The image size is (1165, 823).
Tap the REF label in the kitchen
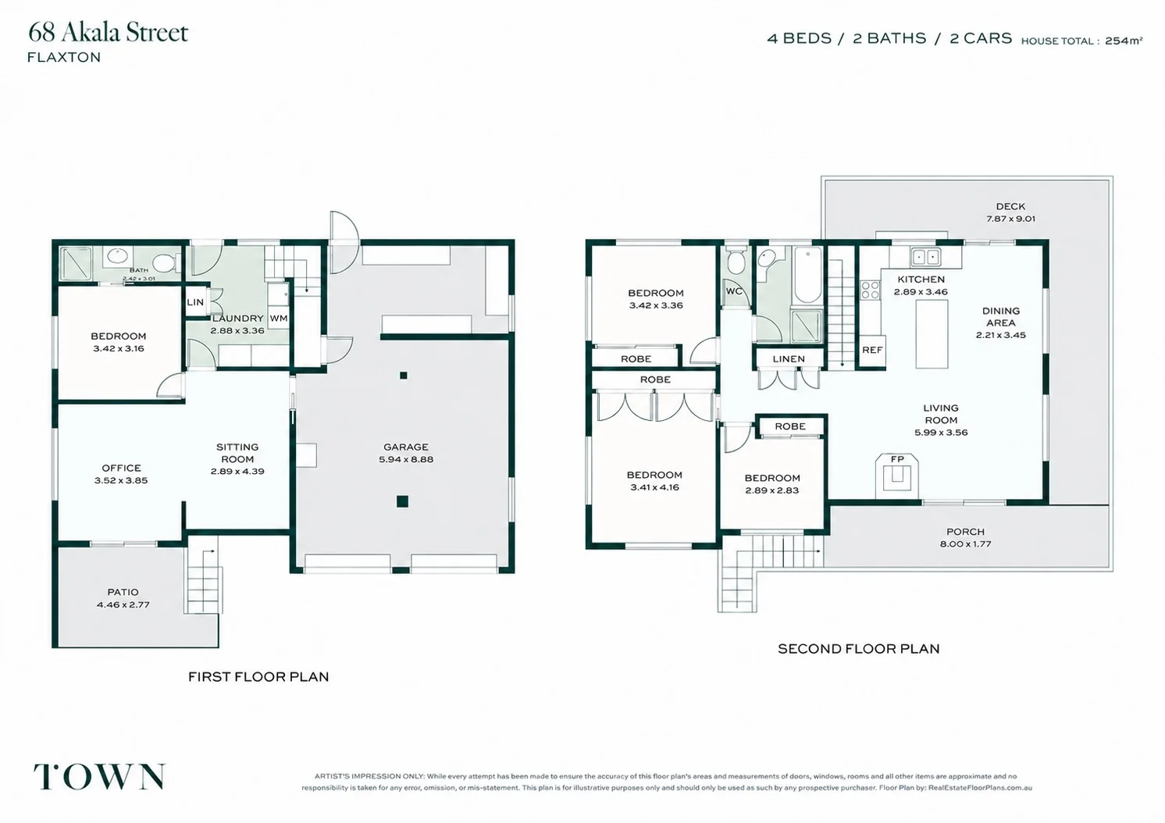(872, 350)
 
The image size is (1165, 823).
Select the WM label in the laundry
(279, 319)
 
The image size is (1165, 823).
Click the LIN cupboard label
(195, 302)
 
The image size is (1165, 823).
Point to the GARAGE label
(406, 447)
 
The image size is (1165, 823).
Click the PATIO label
(123, 592)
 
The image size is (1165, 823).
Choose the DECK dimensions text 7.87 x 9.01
(1010, 219)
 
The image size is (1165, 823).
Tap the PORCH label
(965, 532)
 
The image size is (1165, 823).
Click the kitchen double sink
(926, 257)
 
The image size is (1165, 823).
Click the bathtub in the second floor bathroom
(807, 275)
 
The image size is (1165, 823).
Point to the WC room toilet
(736, 262)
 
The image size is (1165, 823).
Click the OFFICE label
(121, 469)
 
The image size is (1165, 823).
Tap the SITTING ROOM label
(237, 453)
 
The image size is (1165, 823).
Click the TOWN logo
(100, 777)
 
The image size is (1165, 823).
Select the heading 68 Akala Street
(109, 32)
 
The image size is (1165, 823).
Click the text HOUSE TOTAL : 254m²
(1081, 41)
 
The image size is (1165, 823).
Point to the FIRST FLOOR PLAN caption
(258, 677)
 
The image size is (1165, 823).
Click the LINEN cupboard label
(789, 359)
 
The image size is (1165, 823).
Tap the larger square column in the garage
(402, 501)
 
